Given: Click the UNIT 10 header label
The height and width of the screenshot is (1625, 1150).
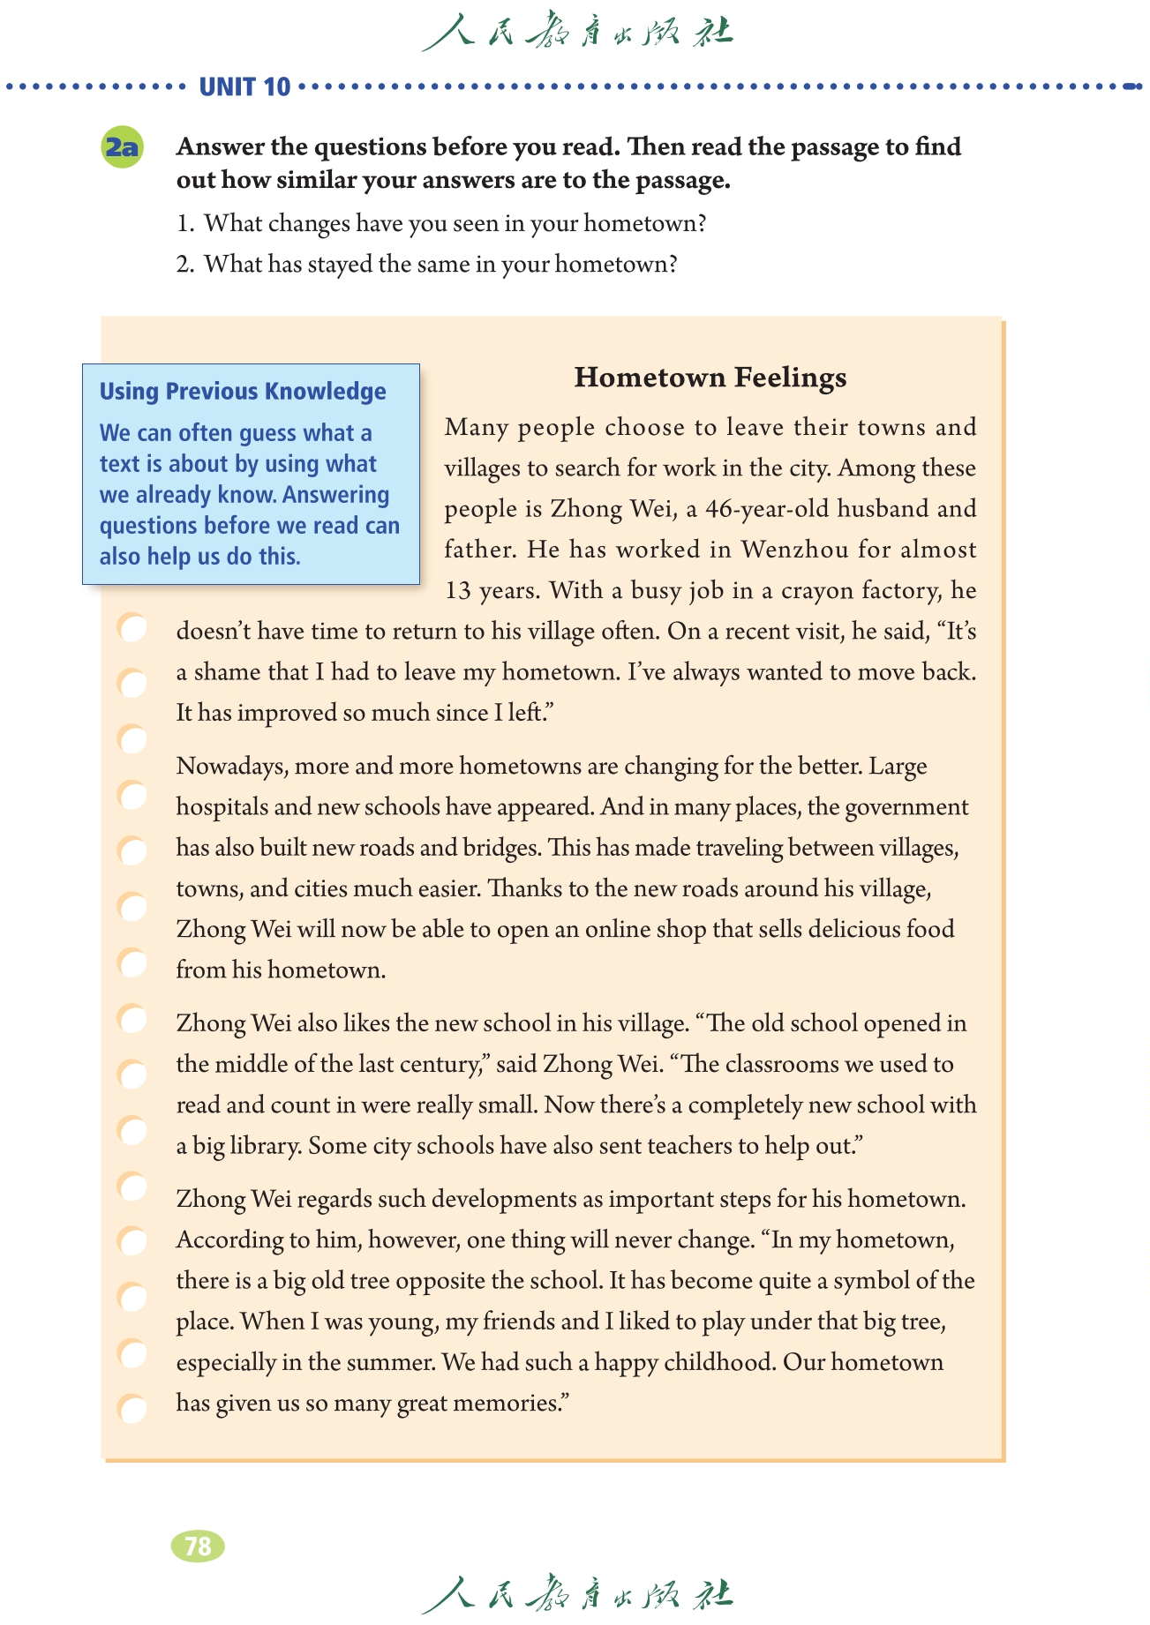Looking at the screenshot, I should [244, 87].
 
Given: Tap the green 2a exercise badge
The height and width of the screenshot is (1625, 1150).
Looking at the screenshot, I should [123, 147].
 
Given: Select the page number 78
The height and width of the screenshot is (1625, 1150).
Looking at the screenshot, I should [198, 1546].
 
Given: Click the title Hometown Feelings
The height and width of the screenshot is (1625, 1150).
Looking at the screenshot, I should [710, 378].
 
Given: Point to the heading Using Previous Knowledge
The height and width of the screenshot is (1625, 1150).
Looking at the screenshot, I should [243, 391].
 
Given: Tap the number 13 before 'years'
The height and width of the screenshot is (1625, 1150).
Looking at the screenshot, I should [458, 590].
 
